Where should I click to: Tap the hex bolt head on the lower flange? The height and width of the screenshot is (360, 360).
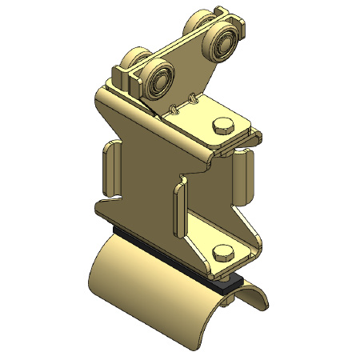tap(222, 254)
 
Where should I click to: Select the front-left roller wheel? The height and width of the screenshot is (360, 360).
tap(158, 78)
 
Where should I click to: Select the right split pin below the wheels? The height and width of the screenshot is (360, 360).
tap(194, 99)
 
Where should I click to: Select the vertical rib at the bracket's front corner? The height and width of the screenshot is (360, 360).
tap(178, 212)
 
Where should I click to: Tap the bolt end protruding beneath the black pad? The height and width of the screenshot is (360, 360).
tap(233, 282)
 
